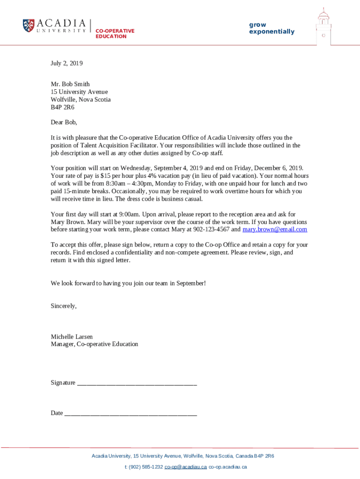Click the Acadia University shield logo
(29, 25)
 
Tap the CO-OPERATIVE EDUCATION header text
(115, 34)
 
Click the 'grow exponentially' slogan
(272, 28)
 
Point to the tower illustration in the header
(323, 27)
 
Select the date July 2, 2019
(66, 63)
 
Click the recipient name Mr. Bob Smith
(70, 84)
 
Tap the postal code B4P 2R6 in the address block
(62, 107)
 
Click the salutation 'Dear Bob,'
(64, 123)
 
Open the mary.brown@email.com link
(274, 229)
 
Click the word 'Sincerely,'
(64, 306)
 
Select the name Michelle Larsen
(72, 336)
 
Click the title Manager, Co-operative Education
(94, 344)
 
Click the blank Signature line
(137, 383)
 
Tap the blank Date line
(130, 414)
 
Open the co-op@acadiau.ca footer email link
(186, 467)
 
